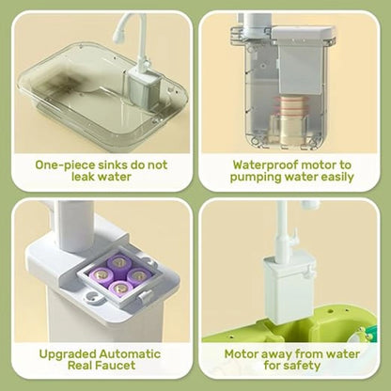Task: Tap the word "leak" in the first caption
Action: coord(85,177)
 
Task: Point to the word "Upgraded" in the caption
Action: coord(68,354)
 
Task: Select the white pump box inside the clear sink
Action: coord(144,87)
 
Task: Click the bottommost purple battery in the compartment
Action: coord(120,289)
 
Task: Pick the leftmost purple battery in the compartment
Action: coord(102,276)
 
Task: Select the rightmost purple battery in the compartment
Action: coord(137,275)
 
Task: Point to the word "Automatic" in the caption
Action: coord(130,354)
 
